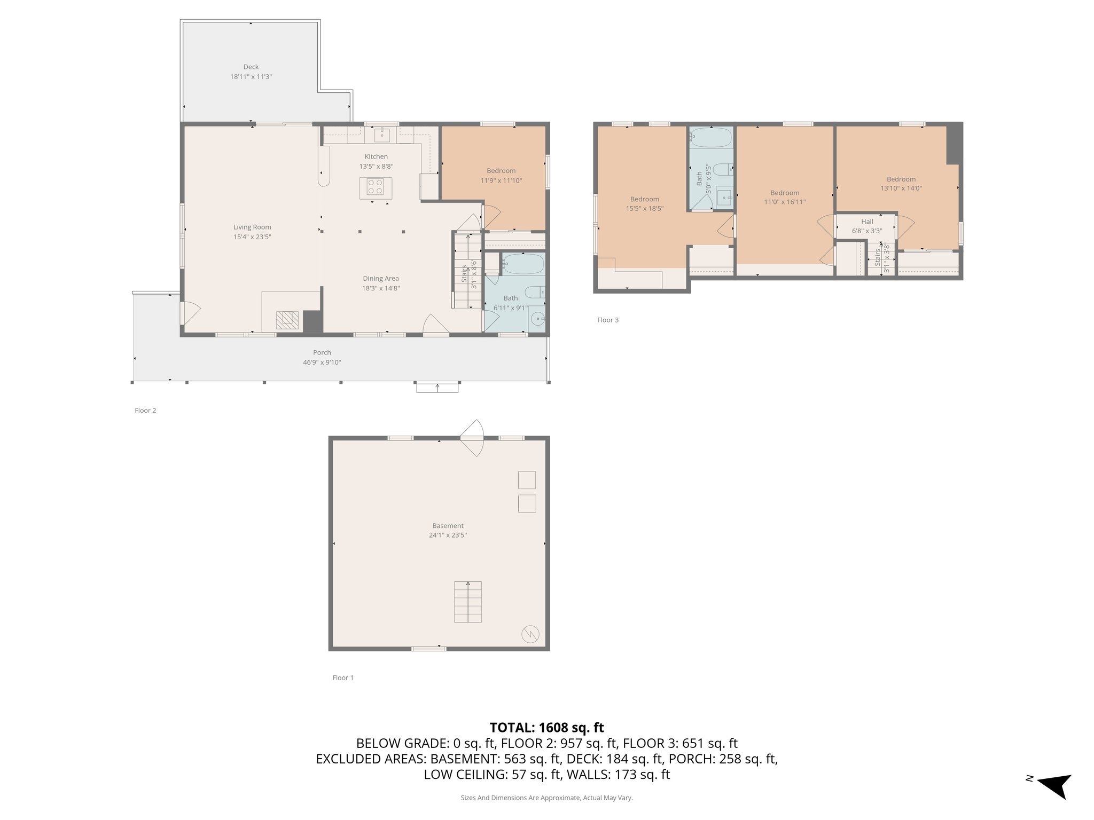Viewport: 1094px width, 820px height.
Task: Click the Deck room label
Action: coord(251,67)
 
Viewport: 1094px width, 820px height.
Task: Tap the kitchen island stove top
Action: coord(375,186)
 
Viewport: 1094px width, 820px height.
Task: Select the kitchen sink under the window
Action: coord(382,135)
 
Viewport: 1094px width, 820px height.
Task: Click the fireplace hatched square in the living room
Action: coord(287,320)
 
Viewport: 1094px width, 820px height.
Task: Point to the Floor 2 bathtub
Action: coord(523,264)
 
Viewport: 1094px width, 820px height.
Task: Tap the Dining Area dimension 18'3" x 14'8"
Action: coord(380,288)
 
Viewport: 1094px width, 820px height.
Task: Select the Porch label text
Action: coord(322,352)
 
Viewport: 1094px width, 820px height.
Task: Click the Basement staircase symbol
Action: coord(467,602)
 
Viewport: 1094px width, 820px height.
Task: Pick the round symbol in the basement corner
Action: coord(530,634)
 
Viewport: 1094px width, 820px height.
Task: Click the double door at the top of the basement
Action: coord(472,438)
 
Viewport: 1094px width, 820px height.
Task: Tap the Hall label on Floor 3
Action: coord(867,222)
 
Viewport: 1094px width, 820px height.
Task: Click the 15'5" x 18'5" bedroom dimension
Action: coord(644,209)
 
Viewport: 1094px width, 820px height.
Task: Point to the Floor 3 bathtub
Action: coord(710,137)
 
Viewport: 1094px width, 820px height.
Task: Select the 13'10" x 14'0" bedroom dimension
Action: coord(901,188)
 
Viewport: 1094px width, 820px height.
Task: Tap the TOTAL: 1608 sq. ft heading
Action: coord(546,728)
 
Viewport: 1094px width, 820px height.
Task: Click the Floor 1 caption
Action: coord(343,677)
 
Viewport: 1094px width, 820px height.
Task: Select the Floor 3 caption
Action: coord(607,320)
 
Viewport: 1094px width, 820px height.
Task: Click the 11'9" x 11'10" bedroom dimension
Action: coord(501,180)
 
